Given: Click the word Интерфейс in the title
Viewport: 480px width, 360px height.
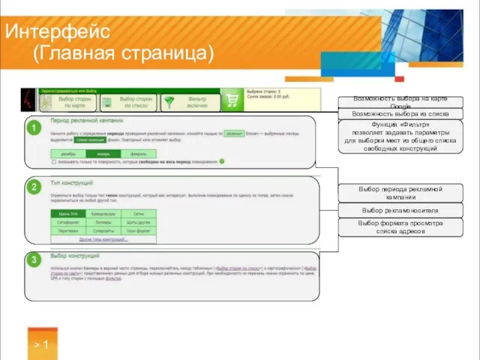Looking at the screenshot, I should click(x=58, y=31).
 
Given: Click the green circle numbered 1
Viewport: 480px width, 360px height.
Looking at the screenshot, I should click(x=34, y=129).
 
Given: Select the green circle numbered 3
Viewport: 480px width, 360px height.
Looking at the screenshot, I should click(x=34, y=260).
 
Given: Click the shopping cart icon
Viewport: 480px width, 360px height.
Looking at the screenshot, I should click(x=233, y=100).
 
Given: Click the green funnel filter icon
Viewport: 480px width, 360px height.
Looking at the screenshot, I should click(x=171, y=101).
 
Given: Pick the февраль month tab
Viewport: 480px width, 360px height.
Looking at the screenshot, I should click(x=137, y=152).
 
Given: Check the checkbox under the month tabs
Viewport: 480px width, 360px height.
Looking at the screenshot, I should click(x=54, y=160).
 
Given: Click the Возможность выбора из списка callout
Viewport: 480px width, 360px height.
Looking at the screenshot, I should click(x=400, y=114).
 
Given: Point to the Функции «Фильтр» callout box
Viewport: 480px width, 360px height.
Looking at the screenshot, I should click(x=400, y=136).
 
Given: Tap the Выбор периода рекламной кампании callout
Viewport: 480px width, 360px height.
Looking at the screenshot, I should click(x=400, y=193).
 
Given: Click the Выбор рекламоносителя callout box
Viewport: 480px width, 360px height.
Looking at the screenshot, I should click(x=400, y=211).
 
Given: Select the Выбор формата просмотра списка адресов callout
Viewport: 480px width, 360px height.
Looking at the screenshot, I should click(x=400, y=227).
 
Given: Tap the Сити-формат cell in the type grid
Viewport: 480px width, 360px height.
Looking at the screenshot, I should click(x=67, y=222).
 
